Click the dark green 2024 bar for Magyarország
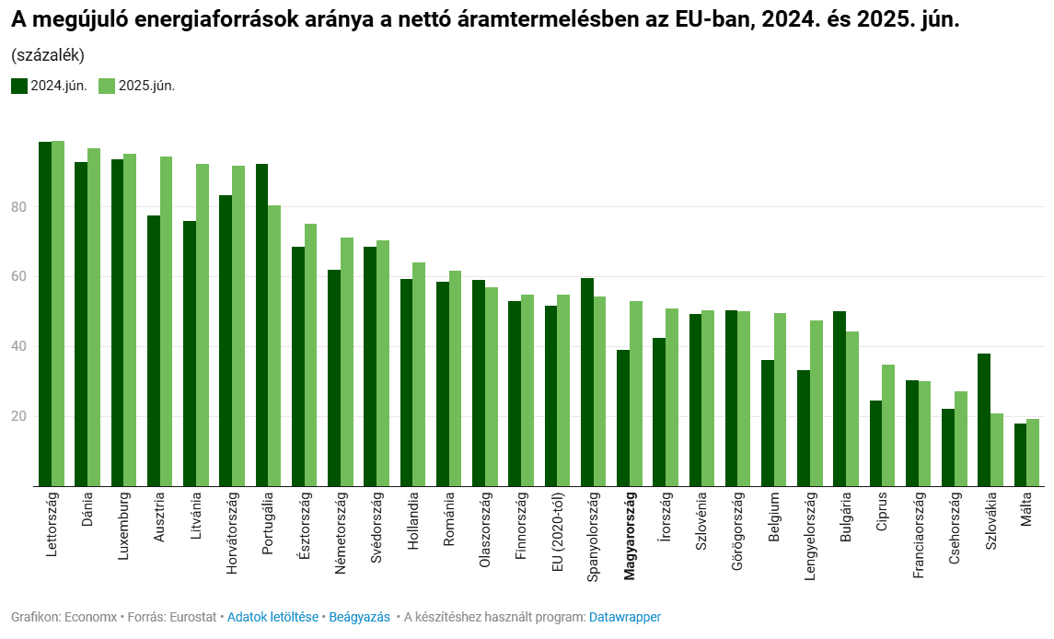pos(623,418)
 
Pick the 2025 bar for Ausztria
pos(167,321)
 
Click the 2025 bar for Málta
pos(1033,452)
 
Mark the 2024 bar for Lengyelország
pos(804,428)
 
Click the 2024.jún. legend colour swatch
pos(19,86)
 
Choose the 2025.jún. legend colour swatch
pos(107,86)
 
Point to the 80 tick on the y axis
pos(18,207)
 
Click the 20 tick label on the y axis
pos(18,417)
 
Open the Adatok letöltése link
pos(272,617)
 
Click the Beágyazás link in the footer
pos(359,617)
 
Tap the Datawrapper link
pos(624,617)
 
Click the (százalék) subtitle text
pos(48,55)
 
